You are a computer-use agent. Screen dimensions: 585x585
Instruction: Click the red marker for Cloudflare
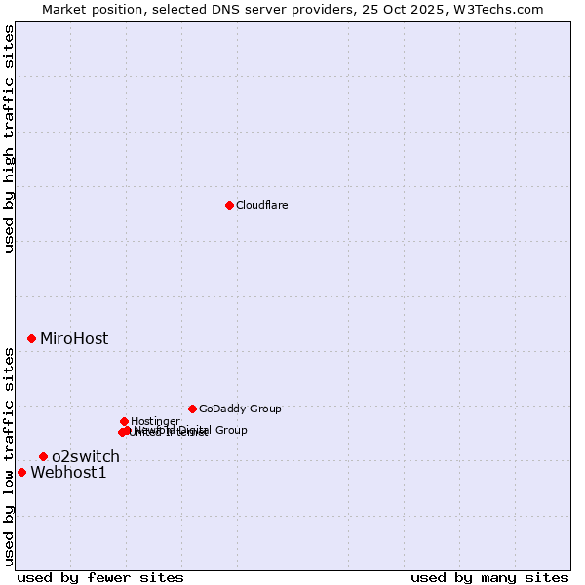tap(229, 205)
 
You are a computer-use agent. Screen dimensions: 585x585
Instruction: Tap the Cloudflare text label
tap(261, 205)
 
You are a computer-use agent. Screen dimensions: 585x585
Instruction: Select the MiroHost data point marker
tap(31, 338)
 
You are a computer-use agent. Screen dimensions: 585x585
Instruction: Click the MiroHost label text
tap(74, 339)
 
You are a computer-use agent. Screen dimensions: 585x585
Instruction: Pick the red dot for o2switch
tap(43, 456)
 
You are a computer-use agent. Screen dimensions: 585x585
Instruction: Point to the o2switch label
tap(86, 456)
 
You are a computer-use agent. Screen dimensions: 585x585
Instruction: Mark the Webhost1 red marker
tap(21, 472)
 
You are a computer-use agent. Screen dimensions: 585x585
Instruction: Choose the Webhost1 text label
tap(68, 473)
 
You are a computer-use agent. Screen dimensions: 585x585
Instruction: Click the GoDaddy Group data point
tap(192, 409)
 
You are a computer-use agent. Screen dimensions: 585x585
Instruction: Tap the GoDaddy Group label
tap(240, 409)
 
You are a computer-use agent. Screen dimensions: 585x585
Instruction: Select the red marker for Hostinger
tap(124, 421)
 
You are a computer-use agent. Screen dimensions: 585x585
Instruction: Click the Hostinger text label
tap(155, 421)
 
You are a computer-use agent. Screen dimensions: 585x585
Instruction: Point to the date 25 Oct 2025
tap(416, 9)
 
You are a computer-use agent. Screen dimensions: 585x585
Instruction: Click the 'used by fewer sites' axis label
tap(100, 577)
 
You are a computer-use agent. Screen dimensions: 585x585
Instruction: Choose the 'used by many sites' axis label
tap(489, 577)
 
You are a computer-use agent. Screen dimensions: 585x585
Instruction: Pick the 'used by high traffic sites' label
tap(10, 139)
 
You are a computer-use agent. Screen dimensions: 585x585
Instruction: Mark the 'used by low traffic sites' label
tap(10, 455)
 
